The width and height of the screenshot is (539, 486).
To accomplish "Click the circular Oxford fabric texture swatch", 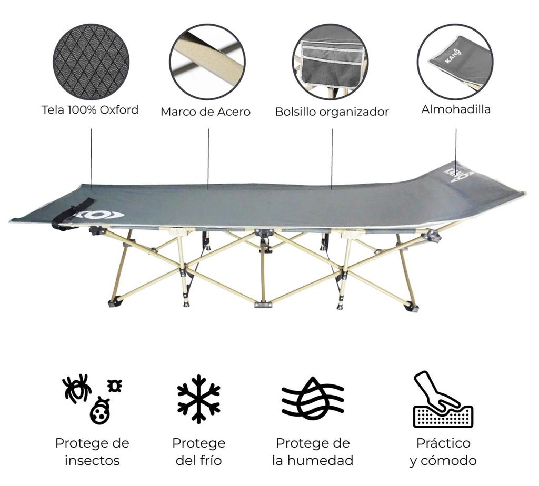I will (91, 62).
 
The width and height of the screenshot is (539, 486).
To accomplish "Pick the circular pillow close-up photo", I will (455, 61).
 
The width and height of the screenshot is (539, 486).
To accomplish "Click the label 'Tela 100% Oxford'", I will (90, 110).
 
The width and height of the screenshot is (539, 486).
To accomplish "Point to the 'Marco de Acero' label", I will (205, 112).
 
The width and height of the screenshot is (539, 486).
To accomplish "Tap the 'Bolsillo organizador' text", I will (332, 112).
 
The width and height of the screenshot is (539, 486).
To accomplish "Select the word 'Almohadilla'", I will (456, 109).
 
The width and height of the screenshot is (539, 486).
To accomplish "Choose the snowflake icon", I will (198, 399).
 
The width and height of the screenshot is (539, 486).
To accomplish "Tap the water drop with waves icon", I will (313, 398).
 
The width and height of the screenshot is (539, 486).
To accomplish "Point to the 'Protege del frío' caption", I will (198, 452).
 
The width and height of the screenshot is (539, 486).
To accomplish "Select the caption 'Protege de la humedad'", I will (313, 452).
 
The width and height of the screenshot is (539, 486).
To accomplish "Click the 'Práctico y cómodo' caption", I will (443, 452).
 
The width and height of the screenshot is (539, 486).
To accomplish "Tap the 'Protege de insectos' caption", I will (92, 452).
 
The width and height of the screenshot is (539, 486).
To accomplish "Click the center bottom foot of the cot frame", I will (263, 304).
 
